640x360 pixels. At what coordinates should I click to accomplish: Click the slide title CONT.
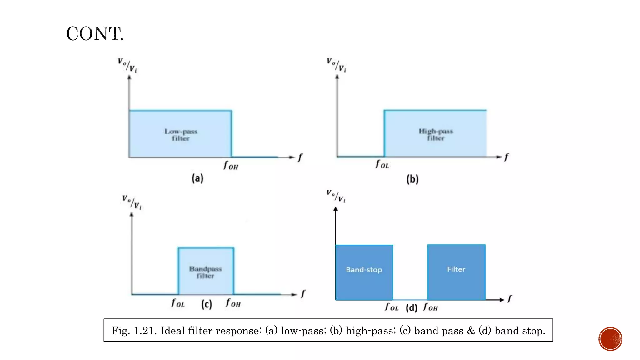(x=95, y=34)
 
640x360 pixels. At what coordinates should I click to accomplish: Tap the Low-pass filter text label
(x=181, y=135)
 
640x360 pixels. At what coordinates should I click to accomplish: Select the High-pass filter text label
(x=436, y=134)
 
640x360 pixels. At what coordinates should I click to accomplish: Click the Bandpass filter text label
(x=205, y=272)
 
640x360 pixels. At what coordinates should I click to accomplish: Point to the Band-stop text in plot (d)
(x=364, y=270)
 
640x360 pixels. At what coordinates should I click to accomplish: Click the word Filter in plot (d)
(x=456, y=269)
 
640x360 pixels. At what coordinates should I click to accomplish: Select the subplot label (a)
(x=197, y=178)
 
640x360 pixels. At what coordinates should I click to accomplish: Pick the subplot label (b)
(x=412, y=179)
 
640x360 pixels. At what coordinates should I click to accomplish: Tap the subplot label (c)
(x=207, y=304)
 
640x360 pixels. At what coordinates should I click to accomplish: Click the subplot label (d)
(x=412, y=308)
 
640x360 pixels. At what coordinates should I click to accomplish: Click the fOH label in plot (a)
(x=231, y=165)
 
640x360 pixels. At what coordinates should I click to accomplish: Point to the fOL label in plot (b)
(x=382, y=164)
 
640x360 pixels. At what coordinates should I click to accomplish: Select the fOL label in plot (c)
(x=178, y=303)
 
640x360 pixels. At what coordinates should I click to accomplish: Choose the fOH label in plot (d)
(x=430, y=307)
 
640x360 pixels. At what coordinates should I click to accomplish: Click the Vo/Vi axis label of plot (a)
(x=127, y=65)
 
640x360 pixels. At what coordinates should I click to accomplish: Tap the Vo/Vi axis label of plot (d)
(x=336, y=196)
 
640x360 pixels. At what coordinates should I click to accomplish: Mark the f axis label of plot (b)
(x=506, y=157)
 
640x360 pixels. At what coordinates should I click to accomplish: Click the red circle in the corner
(x=610, y=339)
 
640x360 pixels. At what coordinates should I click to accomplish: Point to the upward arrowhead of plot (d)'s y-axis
(x=336, y=209)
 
